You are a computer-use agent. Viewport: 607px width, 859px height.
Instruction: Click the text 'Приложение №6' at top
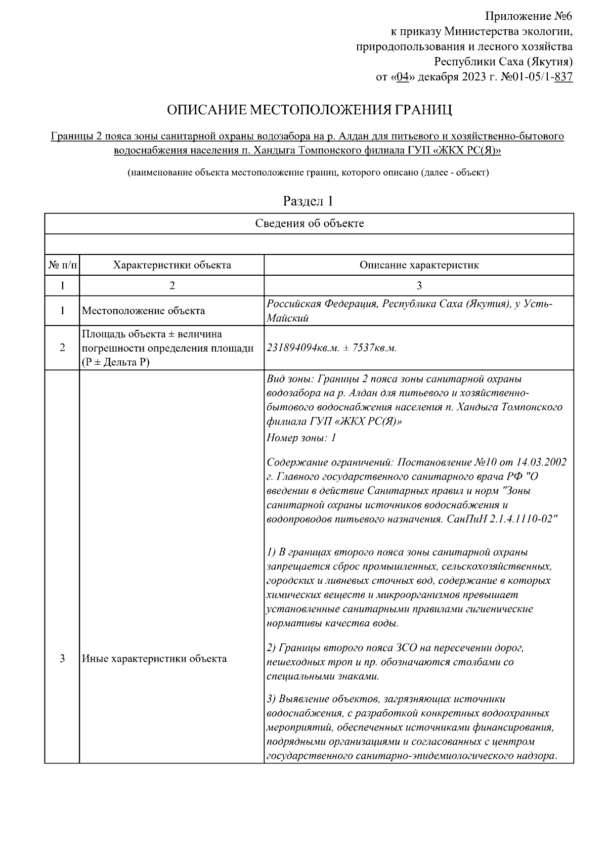coord(529,16)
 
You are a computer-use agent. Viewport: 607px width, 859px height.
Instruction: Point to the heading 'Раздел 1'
coord(308,201)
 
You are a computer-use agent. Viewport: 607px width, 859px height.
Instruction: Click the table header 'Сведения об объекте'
coord(309,224)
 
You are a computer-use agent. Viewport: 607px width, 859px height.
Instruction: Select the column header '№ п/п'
coord(62,265)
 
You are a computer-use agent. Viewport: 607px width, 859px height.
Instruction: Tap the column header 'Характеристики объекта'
coord(172,265)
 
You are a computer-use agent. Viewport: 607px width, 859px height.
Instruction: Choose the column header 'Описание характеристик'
coord(419,265)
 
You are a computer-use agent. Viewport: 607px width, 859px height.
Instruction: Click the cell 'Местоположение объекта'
coord(144,311)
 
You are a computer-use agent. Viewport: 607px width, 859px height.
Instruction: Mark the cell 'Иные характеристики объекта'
coord(154,659)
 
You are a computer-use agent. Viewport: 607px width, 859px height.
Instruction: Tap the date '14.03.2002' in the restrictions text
coord(541,462)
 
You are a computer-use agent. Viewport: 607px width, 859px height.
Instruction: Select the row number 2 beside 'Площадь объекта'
coord(62,348)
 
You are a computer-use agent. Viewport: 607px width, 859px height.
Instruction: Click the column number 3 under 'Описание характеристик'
coord(419,286)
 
